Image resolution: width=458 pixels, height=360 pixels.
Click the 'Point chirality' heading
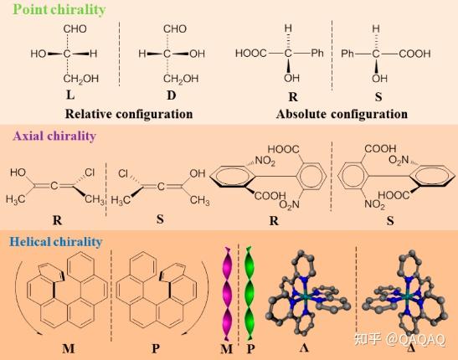59,9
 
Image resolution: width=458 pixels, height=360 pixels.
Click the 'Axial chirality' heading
54,136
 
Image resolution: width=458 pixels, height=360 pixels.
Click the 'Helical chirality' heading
56,242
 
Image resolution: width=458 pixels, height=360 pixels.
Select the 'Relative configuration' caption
129,114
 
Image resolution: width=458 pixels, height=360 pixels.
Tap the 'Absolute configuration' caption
342,114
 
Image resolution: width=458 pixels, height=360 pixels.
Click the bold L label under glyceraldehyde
70,95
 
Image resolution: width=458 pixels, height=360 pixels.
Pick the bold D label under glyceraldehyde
172,95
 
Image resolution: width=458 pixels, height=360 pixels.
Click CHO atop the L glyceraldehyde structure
75,29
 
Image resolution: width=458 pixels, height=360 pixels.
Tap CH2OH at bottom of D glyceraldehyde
181,79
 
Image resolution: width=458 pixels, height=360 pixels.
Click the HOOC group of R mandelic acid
251,54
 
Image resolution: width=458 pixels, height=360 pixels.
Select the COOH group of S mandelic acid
414,54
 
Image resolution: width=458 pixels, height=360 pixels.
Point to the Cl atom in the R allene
90,172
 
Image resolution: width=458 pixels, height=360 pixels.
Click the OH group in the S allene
198,173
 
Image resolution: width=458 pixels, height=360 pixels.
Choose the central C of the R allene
54,186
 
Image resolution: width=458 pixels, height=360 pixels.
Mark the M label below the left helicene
69,348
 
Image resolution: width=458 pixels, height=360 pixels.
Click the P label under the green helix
250,348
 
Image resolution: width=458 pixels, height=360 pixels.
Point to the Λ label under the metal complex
304,347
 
